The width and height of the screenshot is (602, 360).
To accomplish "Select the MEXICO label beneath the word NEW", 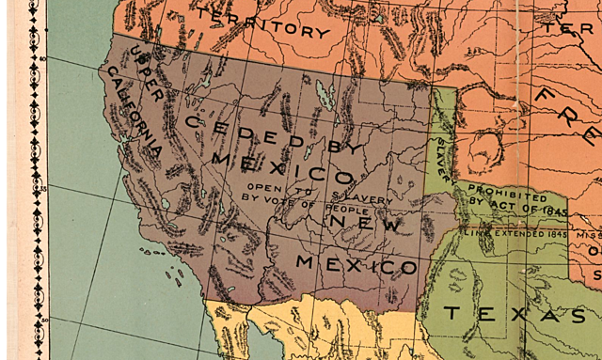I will [x=356, y=263].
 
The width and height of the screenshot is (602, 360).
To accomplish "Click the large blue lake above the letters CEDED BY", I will [x=325, y=93].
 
